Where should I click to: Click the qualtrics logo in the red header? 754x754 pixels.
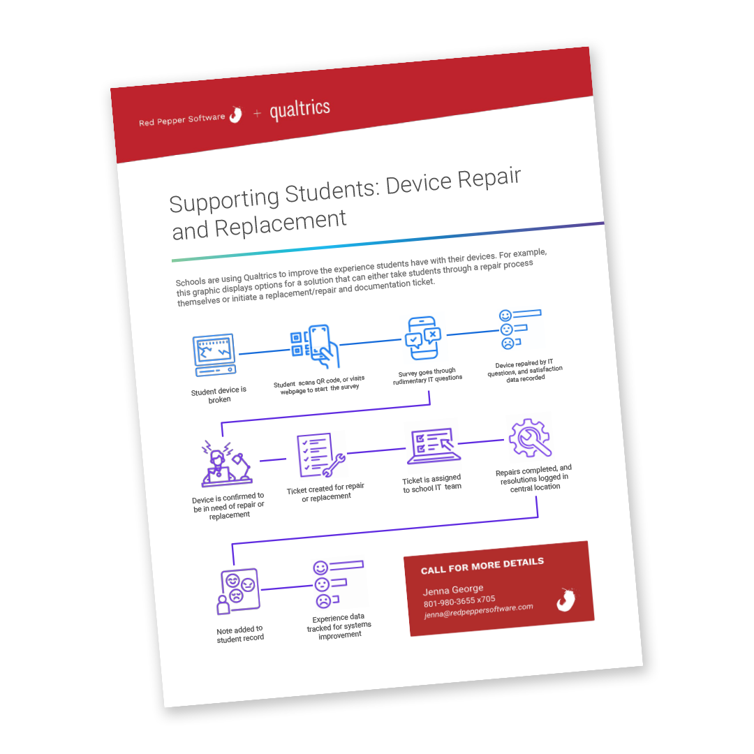pos(300,110)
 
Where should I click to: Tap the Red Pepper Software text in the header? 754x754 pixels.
pos(182,119)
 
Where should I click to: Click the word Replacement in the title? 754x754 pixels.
pos(281,223)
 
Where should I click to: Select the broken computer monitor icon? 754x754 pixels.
pos(215,355)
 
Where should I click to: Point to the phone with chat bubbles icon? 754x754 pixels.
pos(422,338)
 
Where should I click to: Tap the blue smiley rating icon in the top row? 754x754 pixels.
pos(520,329)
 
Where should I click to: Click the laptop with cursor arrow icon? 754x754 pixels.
pos(434,445)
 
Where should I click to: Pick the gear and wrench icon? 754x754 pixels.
pos(529,438)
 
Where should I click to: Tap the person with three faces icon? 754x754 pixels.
pos(239,591)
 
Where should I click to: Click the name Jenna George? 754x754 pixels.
pos(453,589)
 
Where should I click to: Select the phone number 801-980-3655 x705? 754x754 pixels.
pos(459,601)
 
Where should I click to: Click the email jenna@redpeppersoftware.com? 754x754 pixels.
pos(478,611)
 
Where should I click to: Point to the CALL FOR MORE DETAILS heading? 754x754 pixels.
pos(482,566)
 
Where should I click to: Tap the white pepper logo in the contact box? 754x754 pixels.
pos(566,599)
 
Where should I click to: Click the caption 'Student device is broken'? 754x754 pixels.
pos(219,394)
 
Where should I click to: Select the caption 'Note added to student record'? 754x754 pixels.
pos(240,634)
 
